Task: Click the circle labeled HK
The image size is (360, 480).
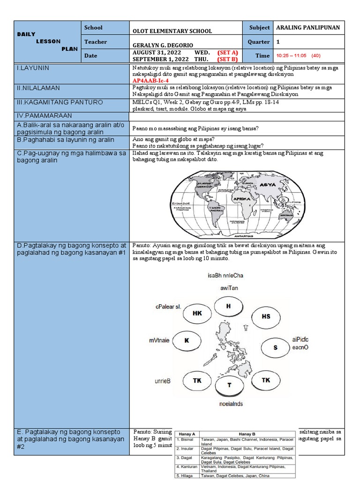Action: [197, 314]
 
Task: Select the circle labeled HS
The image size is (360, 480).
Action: [266, 316]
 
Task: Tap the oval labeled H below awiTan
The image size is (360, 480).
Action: [229, 306]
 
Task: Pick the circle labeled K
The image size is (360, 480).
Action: [186, 341]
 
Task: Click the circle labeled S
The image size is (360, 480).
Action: [275, 347]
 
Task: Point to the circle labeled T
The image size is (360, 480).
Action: [229, 385]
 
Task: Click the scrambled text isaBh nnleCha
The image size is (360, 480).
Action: [225, 276]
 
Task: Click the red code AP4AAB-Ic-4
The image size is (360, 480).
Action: [151, 81]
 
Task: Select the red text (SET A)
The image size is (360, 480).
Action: [227, 52]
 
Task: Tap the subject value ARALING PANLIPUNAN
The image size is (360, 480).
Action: [308, 28]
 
